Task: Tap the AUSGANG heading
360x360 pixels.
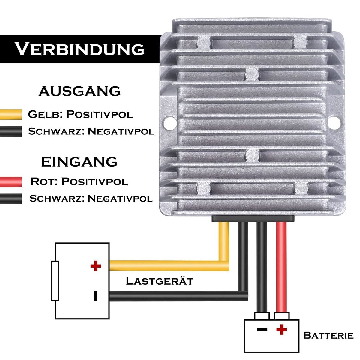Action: click(x=80, y=91)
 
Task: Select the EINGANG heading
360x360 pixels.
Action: click(x=79, y=162)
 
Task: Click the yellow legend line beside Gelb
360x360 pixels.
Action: click(x=11, y=114)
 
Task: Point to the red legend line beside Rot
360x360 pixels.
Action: click(x=11, y=182)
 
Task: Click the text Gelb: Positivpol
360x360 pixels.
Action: click(x=80, y=114)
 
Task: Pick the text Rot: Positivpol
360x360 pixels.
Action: click(x=79, y=181)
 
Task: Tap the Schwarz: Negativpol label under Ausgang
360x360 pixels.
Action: click(x=91, y=131)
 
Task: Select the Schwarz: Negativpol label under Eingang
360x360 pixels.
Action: click(x=91, y=198)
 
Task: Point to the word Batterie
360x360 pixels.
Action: click(x=328, y=335)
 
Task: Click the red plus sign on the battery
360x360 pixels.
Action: click(x=281, y=330)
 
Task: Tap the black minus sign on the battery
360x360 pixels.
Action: click(x=262, y=329)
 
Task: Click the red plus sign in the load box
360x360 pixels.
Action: click(x=96, y=266)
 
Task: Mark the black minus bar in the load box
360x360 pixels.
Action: click(x=96, y=296)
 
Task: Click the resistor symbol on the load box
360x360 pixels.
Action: click(x=55, y=281)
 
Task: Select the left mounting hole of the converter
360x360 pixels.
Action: click(x=170, y=122)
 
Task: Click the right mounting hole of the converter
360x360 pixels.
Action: click(x=334, y=122)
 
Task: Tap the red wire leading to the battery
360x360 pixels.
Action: click(x=281, y=267)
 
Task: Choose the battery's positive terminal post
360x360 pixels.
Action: click(x=282, y=316)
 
